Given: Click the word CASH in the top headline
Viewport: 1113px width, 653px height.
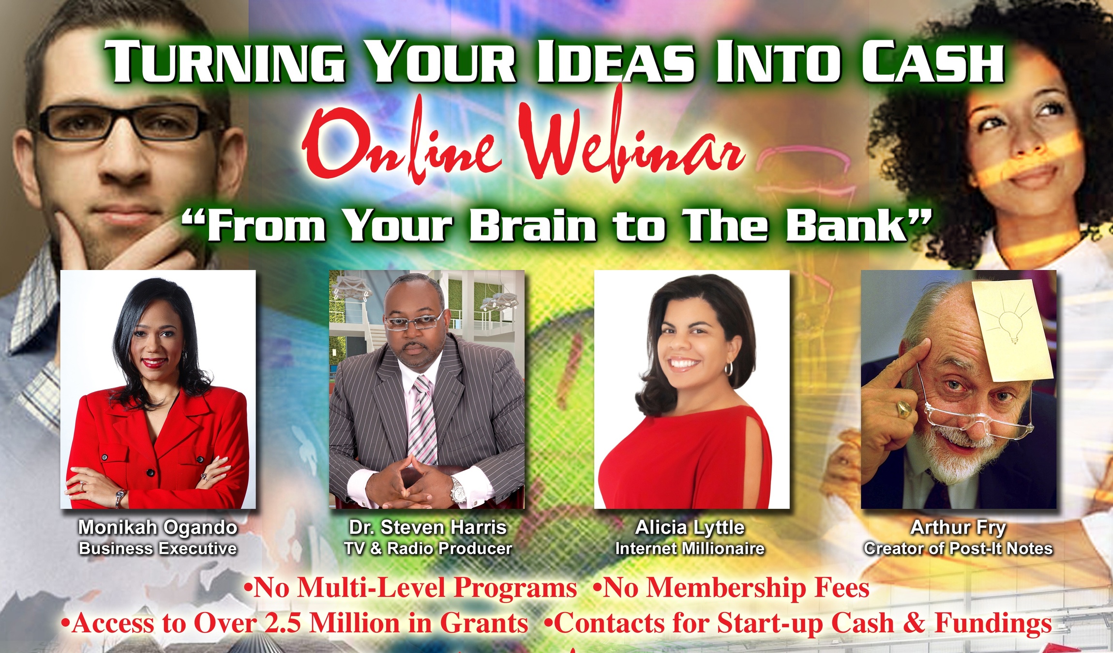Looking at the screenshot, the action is [x=933, y=61].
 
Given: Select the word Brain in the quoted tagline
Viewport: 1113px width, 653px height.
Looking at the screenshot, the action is [x=533, y=226].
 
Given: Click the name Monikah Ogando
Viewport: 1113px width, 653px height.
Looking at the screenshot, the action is [x=158, y=528].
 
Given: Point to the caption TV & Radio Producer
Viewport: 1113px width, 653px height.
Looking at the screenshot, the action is [x=428, y=548].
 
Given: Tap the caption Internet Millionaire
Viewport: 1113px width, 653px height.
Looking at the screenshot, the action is [x=690, y=548].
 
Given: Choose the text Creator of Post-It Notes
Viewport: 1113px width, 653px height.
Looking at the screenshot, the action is [x=959, y=548].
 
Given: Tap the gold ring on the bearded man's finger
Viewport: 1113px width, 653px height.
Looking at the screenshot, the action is [x=904, y=410].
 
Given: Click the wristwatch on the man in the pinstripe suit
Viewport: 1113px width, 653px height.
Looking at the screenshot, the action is [x=457, y=490].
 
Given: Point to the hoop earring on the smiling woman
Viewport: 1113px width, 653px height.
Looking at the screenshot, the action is [x=729, y=369].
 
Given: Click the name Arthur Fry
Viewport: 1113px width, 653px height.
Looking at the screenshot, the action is [x=958, y=528].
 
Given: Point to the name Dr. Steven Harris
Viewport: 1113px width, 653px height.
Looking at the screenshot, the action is [x=428, y=528].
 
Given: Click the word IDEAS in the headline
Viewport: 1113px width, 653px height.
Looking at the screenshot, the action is [x=616, y=61].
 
